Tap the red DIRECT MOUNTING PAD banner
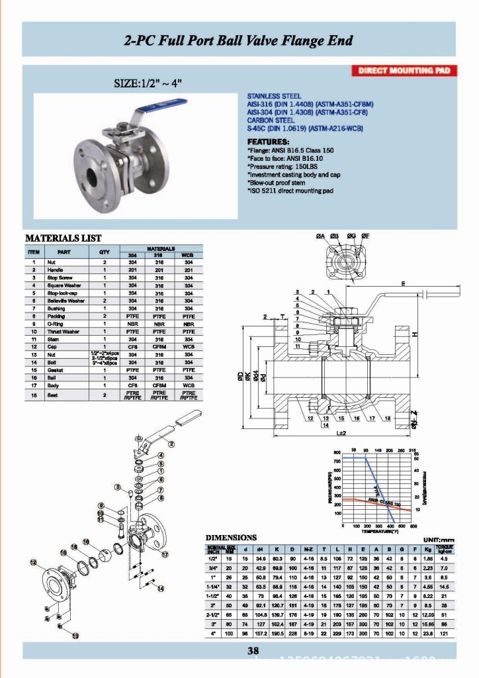(403, 71)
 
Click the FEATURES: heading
(267, 142)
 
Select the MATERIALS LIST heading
(63, 238)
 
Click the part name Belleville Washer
(64, 300)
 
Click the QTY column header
(104, 252)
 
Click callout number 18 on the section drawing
(388, 418)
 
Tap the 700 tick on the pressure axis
(337, 461)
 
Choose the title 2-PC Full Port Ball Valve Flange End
(239, 40)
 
